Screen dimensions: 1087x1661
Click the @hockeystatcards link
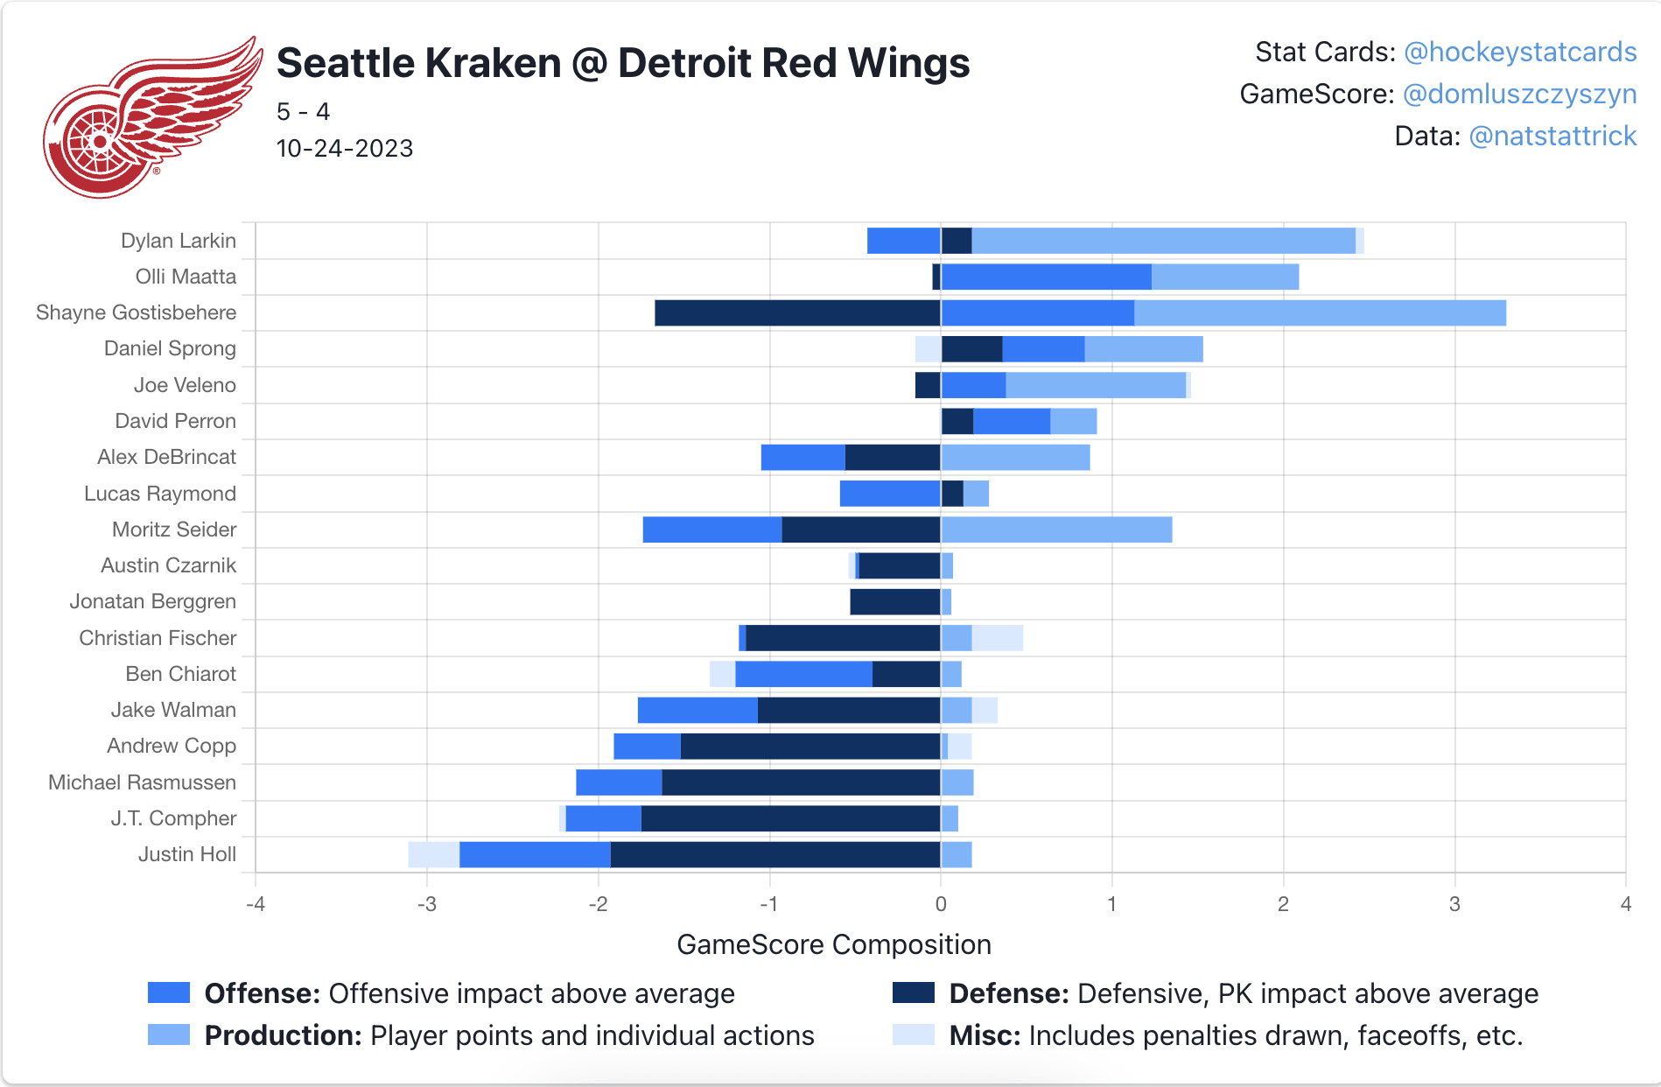pos(1519,53)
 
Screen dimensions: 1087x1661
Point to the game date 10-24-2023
pos(344,149)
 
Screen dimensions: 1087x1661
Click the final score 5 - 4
pos(303,112)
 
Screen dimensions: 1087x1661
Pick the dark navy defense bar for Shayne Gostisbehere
pos(797,313)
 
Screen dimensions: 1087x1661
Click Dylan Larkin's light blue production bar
pos(1163,241)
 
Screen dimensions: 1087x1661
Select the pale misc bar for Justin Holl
pos(433,855)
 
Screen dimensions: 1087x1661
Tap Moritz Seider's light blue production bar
pos(1056,530)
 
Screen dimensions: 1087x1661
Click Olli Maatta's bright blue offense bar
pos(1046,277)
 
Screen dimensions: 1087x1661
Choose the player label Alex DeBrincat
pos(166,457)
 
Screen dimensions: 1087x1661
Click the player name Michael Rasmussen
pos(142,782)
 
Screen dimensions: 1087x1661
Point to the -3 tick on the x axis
pos(426,904)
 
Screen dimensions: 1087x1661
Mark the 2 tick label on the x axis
pos(1283,904)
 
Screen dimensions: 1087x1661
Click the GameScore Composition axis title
pos(833,945)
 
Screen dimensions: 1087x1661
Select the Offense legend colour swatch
pos(169,993)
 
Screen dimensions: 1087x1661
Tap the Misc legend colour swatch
pos(913,1035)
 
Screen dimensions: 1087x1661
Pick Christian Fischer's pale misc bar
pos(997,639)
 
